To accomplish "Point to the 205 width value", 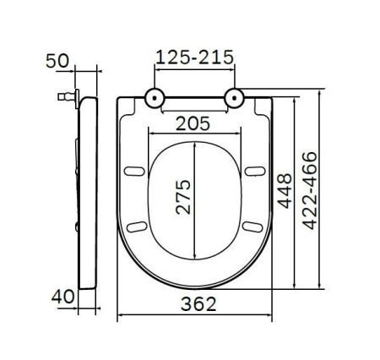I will pos(194,123).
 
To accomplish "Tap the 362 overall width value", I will pos(194,303).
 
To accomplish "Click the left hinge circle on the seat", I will pos(155,99).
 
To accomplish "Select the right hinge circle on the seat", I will pos(234,99).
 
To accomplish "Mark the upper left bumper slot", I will pos(133,172).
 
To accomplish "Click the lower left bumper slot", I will pos(138,226).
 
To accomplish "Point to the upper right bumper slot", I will pos(254,172).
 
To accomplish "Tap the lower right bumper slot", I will pos(251,226).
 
